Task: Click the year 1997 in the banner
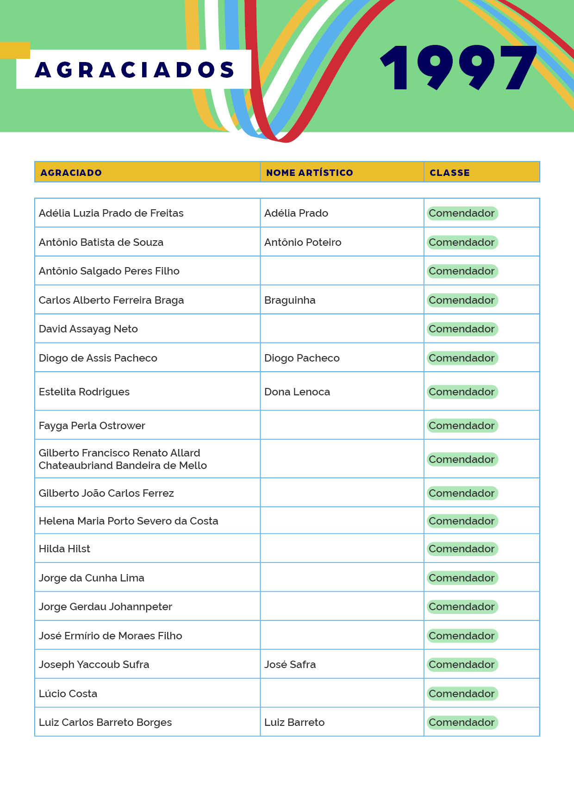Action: pyautogui.click(x=458, y=68)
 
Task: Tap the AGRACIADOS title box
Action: pyautogui.click(x=134, y=69)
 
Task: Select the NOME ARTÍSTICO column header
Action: pyautogui.click(x=309, y=173)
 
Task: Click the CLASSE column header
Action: pyautogui.click(x=449, y=173)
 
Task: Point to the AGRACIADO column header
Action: pyautogui.click(x=71, y=173)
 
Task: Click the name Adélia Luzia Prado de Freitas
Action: pyautogui.click(x=111, y=213)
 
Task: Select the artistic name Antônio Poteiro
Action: pyautogui.click(x=303, y=242)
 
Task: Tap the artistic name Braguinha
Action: pyautogui.click(x=290, y=300)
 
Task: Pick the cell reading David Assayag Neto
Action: pyautogui.click(x=88, y=329)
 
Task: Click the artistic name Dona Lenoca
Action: pyautogui.click(x=297, y=392)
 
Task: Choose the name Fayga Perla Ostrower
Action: pyautogui.click(x=92, y=425)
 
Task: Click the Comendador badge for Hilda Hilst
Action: pyautogui.click(x=462, y=549)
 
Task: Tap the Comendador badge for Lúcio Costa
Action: pyautogui.click(x=462, y=693)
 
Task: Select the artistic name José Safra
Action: pyautogui.click(x=290, y=664)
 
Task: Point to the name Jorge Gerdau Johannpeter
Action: pyautogui.click(x=106, y=606)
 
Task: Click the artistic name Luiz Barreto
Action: pyautogui.click(x=294, y=722)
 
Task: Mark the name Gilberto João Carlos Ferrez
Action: pyautogui.click(x=106, y=493)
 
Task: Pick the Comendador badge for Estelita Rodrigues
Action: pyautogui.click(x=462, y=392)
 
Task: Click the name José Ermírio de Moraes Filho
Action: pyautogui.click(x=111, y=636)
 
